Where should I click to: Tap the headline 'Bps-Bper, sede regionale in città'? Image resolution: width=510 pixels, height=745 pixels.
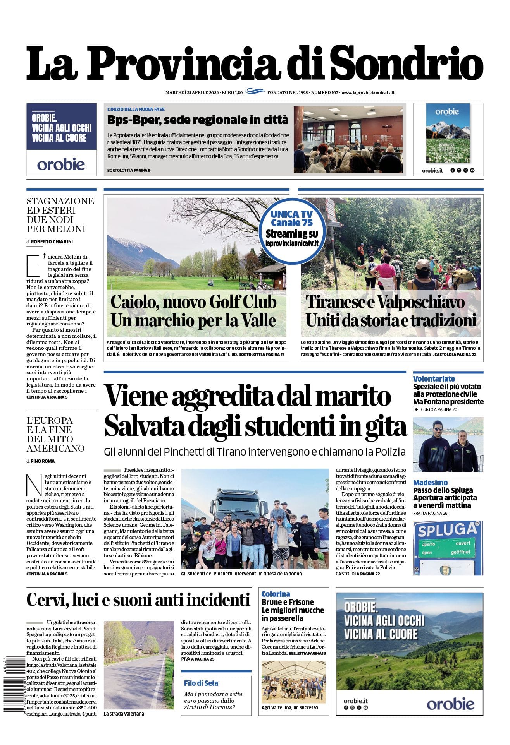198,120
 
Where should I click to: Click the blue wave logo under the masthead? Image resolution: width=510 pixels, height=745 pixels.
255,92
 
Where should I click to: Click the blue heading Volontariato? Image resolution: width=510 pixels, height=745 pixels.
434,379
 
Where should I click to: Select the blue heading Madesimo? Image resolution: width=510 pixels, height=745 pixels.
430,483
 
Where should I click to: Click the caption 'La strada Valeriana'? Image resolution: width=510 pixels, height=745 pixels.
124,714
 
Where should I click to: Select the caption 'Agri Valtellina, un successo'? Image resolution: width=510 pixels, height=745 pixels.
290,707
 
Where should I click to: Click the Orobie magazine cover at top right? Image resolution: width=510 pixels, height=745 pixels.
448,133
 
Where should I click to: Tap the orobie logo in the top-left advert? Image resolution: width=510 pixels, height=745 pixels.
61,164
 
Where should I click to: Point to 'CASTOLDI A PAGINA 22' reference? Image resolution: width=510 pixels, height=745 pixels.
358,574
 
